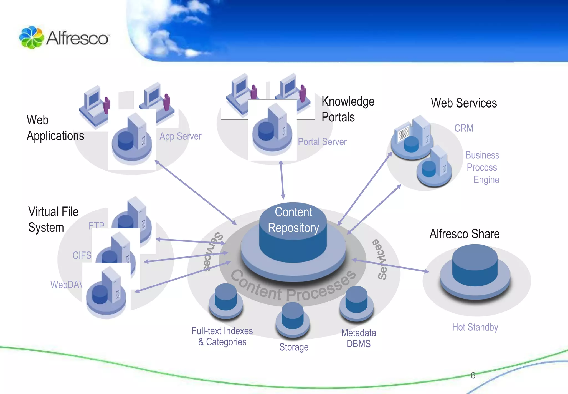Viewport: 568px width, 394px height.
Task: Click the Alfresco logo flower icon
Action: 31,38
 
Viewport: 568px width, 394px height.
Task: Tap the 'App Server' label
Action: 180,136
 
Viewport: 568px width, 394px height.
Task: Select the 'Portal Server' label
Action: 322,142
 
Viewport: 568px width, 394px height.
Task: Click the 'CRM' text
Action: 464,128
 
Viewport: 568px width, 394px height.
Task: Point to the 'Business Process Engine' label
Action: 483,167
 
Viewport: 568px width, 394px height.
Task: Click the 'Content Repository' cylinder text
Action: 293,220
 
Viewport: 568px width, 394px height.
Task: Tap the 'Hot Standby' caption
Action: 475,327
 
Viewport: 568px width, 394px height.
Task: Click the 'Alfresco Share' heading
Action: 464,234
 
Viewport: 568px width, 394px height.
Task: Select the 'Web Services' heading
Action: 464,103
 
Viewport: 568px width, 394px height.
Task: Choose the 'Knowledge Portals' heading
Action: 348,109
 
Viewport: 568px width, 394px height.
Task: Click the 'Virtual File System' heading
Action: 53,219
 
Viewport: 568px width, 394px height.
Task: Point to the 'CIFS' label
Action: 82,255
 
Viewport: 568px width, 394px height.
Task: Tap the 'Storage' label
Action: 294,347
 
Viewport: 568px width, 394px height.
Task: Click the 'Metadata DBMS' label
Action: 358,338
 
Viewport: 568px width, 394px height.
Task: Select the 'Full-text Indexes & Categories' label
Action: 222,336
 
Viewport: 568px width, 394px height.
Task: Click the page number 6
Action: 473,375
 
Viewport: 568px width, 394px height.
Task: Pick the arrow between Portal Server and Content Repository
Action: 282,180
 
